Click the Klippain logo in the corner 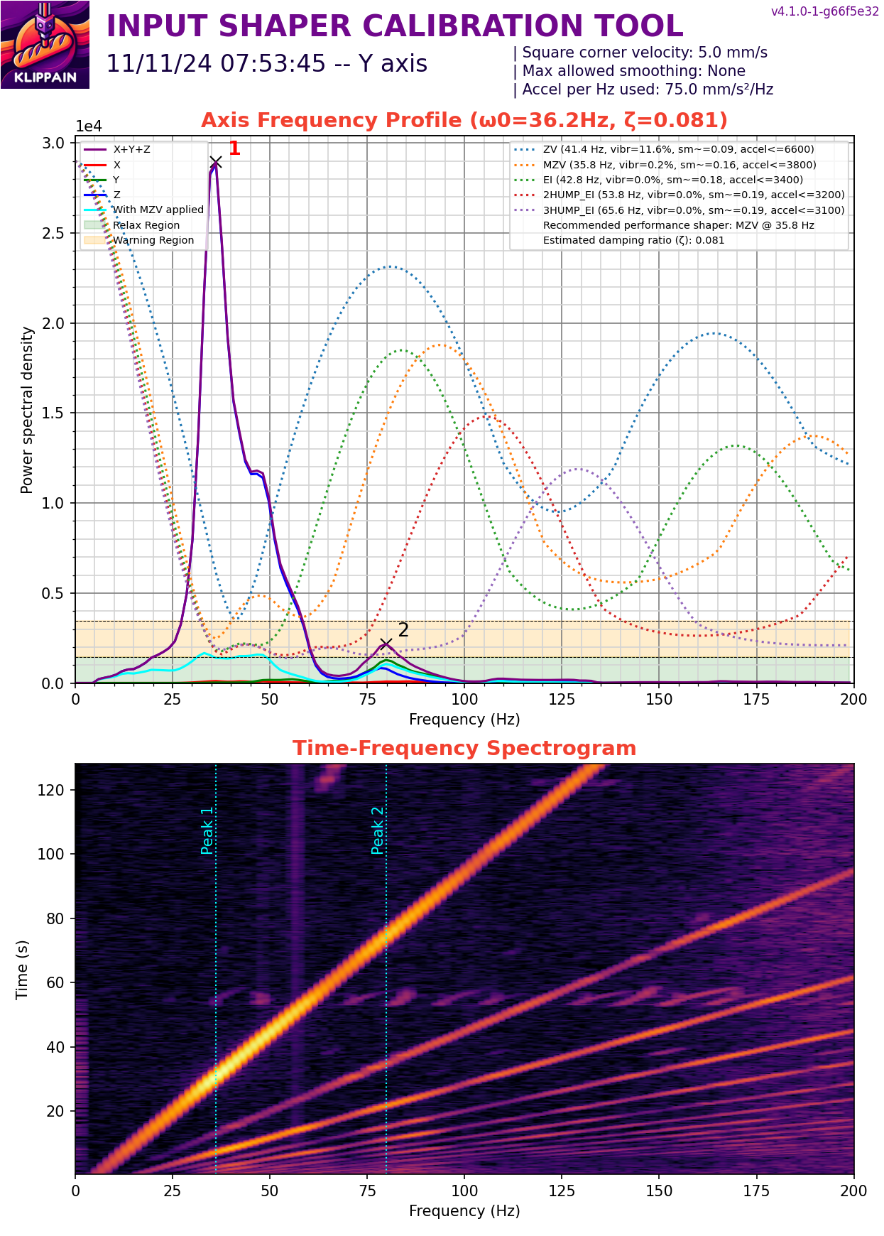[45, 45]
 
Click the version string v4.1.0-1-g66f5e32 [825, 11]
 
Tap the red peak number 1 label [234, 148]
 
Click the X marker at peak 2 [386, 644]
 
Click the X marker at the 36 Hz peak [216, 163]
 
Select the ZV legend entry [678, 150]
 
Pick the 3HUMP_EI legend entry [693, 210]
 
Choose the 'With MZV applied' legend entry [158, 210]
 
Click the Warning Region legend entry [153, 240]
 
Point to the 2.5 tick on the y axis [54, 234]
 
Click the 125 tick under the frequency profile [562, 699]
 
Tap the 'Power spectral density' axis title [27, 410]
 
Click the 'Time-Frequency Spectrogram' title [464, 749]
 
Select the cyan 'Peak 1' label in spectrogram [207, 830]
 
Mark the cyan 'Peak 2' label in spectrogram [377, 830]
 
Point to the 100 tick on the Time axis [51, 855]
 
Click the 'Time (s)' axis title [22, 969]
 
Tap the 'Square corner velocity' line [644, 53]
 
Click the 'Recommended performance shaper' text [678, 225]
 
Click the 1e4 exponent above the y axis [89, 126]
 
